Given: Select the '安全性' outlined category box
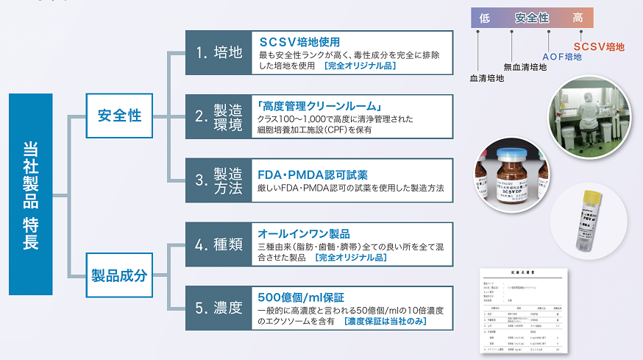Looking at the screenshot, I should coord(120,115).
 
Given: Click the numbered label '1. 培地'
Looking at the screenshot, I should coord(219,52).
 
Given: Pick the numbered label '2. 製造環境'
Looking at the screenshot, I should coord(219,115).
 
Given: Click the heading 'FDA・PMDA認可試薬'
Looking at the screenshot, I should coord(313,174).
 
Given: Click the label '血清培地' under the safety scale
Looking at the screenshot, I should coord(487,77).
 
